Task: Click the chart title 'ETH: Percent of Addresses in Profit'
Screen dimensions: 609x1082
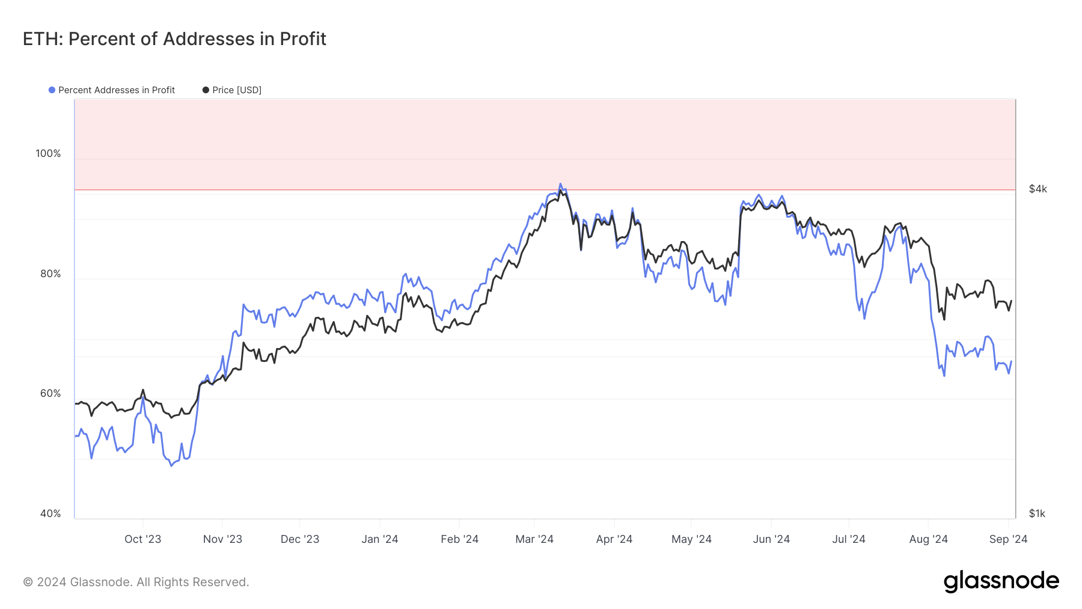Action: click(x=174, y=39)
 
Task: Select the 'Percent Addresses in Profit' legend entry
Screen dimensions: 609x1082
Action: click(x=116, y=90)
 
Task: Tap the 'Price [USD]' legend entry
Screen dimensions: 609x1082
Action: click(x=236, y=90)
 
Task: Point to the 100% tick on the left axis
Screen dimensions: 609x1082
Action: click(x=48, y=153)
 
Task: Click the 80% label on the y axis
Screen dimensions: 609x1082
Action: click(x=50, y=274)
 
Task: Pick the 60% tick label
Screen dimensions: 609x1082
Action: click(x=50, y=393)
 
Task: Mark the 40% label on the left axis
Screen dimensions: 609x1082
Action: click(x=50, y=513)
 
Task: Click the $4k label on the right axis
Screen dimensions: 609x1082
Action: click(x=1038, y=189)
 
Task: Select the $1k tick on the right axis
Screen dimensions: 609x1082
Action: click(x=1037, y=513)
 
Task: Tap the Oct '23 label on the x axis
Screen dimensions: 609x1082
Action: click(x=142, y=539)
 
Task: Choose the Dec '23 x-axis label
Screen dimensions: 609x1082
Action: click(x=300, y=539)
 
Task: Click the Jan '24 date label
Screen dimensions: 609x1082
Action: click(x=379, y=539)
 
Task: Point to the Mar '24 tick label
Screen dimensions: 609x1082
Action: click(x=534, y=539)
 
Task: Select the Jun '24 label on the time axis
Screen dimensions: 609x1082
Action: click(x=771, y=539)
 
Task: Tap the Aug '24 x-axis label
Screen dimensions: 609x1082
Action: click(x=928, y=539)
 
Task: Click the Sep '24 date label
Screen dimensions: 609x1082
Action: click(x=1008, y=539)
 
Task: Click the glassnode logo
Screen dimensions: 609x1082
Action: click(x=1001, y=581)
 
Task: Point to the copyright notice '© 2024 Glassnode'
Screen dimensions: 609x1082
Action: click(x=136, y=582)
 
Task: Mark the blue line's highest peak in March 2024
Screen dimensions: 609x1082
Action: click(x=560, y=184)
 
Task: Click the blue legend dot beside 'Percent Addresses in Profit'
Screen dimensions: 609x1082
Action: click(x=52, y=90)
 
